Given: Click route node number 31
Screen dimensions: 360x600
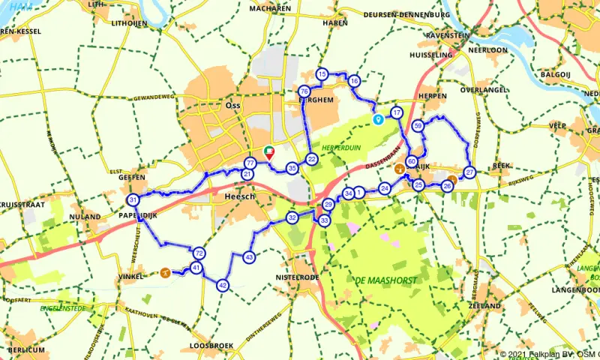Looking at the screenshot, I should pos(133,200).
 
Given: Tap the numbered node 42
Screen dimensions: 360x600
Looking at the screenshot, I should pos(222,285).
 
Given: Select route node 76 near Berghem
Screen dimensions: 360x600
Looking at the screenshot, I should pos(304,91).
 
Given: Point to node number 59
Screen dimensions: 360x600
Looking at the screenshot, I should pos(418,126).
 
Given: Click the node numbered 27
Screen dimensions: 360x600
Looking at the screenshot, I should pos(469,172).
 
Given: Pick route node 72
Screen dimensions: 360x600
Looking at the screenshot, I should pos(199,253).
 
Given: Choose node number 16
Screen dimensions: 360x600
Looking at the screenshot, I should pos(354,81).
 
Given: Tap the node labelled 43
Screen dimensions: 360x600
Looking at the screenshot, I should pos(249,257).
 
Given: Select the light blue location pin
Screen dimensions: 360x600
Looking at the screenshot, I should pos(378,119).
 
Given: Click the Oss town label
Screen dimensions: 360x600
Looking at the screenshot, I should pos(232,106).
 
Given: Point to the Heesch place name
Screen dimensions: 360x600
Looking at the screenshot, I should pos(240,196).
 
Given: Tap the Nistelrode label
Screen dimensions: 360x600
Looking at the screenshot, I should pos(298,277).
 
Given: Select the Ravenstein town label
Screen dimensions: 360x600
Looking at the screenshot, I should pos(448,34).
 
